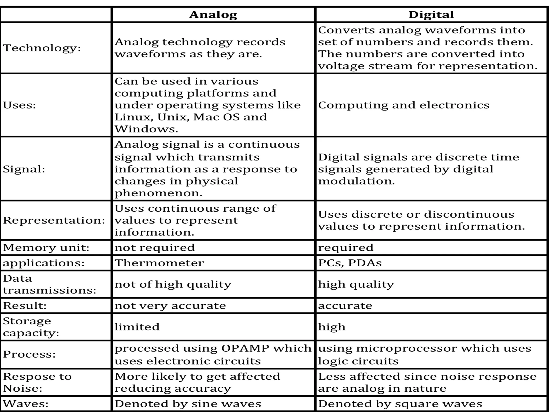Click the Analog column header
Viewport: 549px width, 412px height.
point(213,14)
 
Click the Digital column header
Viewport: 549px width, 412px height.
point(431,14)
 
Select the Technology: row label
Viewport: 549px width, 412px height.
point(42,48)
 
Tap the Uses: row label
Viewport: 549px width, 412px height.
point(19,105)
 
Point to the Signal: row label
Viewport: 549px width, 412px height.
point(24,169)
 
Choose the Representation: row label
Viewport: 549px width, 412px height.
point(54,220)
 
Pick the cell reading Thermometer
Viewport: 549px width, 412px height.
point(159,263)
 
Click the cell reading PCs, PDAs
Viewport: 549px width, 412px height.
point(350,263)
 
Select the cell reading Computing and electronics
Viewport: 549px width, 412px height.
point(403,105)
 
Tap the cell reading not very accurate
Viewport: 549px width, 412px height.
point(170,306)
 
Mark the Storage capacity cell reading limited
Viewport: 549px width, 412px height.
point(137,327)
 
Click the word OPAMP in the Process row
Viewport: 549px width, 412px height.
point(245,348)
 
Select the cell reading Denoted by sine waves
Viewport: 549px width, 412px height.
point(188,404)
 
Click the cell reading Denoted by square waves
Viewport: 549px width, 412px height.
point(400,404)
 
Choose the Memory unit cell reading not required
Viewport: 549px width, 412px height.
point(155,248)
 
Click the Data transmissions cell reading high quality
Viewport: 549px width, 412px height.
point(356,284)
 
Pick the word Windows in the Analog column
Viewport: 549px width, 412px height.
point(146,129)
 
